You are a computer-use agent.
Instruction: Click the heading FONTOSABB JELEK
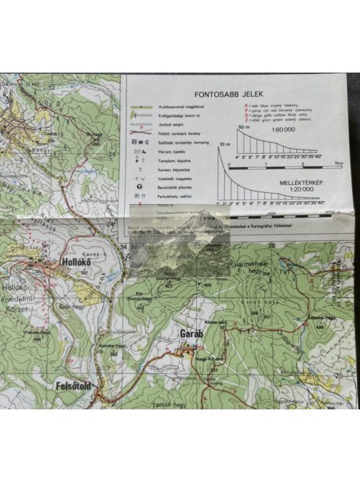228,94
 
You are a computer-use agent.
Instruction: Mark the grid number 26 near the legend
112,154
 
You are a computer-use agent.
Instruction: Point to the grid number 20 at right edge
337,375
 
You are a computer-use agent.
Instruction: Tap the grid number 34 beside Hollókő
123,247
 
